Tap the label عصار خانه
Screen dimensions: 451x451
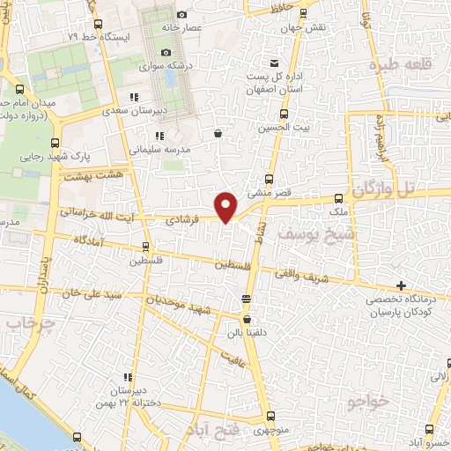pos(205,27)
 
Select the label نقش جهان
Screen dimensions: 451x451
pos(308,27)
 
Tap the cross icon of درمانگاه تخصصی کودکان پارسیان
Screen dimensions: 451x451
pos(401,285)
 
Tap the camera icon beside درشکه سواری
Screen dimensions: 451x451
pos(166,53)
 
